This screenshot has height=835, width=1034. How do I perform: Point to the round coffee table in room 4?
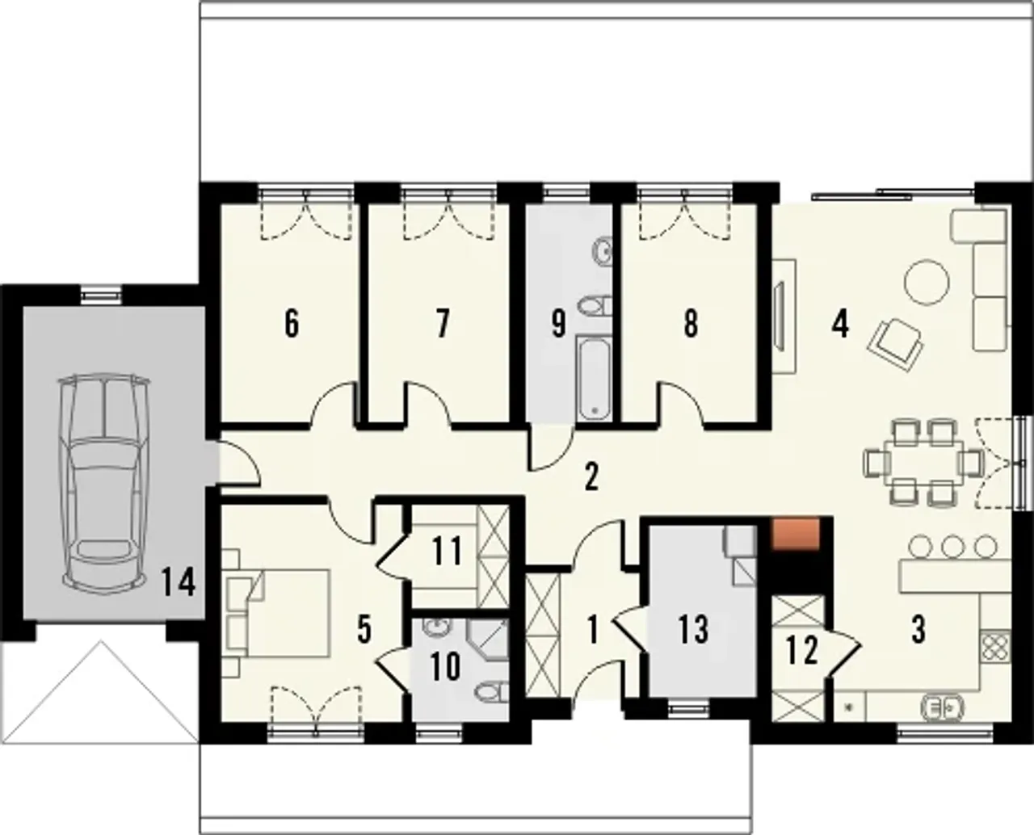tap(927, 282)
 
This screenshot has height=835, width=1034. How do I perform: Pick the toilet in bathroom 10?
tap(491, 691)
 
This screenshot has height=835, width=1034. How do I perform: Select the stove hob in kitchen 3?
tap(995, 646)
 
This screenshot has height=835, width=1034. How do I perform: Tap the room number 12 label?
tap(802, 651)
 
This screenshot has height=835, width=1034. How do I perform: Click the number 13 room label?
tap(693, 629)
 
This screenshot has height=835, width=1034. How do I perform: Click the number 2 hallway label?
tap(591, 477)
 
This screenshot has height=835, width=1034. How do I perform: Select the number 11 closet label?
tap(446, 552)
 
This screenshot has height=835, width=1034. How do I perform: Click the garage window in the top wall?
tap(102, 293)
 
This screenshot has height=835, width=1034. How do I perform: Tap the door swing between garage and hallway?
tap(239, 464)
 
